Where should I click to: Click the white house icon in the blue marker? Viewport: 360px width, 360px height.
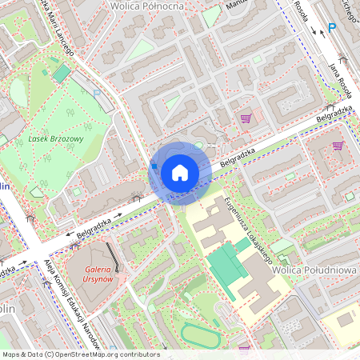click(x=180, y=172)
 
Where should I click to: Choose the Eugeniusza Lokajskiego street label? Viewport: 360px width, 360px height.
click(x=249, y=229)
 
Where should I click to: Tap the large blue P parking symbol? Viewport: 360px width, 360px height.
click(x=332, y=27)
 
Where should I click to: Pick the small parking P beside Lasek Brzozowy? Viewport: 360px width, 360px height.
click(x=97, y=93)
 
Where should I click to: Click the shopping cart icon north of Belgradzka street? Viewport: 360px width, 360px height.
click(x=246, y=118)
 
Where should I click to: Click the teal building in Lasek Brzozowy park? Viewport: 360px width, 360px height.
click(x=62, y=74)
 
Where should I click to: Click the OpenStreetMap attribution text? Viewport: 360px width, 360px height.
click(x=81, y=354)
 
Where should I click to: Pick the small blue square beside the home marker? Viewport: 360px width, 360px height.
click(x=153, y=166)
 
